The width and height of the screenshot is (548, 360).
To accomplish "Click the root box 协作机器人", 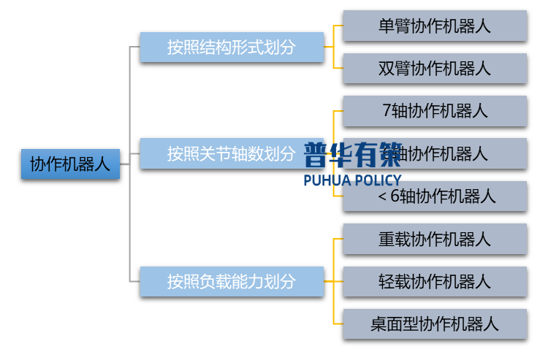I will (70, 164).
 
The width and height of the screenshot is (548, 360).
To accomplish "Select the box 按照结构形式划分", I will (232, 47).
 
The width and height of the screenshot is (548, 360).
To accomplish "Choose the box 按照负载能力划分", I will (232, 281).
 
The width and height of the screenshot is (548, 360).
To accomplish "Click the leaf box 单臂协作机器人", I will (435, 26).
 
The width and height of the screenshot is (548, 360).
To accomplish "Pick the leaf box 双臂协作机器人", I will (435, 69).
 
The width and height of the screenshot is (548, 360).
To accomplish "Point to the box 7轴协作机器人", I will (435, 111).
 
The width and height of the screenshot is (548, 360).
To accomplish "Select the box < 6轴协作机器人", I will (435, 196).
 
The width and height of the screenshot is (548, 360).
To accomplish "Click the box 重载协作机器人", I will (435, 239).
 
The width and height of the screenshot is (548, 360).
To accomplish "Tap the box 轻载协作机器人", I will (435, 281).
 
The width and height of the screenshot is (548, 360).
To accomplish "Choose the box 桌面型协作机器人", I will (435, 323).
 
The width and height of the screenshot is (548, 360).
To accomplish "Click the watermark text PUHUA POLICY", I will (352, 180).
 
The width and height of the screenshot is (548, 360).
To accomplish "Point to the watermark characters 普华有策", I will (352, 155).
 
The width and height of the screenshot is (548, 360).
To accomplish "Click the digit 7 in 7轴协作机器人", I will (387, 111).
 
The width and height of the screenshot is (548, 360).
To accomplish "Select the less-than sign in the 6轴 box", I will (382, 196).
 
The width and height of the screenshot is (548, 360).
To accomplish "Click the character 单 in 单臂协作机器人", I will (387, 26).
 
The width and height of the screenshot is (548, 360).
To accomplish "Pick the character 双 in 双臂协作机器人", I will (387, 69).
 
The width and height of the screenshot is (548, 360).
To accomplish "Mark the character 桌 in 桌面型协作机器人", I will (378, 323).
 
